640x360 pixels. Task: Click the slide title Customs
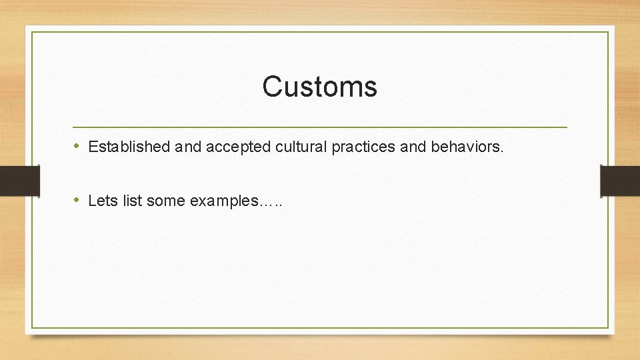coord(319,87)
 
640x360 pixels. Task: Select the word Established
coord(129,147)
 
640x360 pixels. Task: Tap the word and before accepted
coord(189,147)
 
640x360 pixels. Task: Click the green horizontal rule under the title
coord(319,127)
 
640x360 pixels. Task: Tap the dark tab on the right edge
coord(619,181)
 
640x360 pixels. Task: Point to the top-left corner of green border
coord(32,32)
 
